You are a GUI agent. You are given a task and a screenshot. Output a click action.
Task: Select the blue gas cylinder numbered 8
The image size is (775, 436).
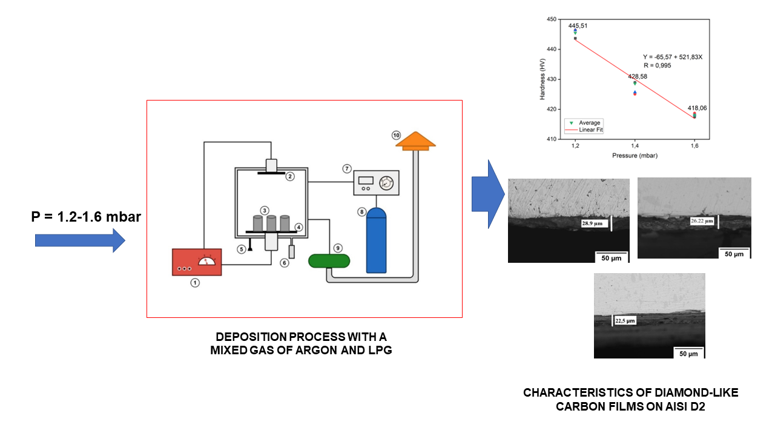(x=376, y=240)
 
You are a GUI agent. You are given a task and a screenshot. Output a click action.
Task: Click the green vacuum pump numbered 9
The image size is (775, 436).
(x=329, y=260)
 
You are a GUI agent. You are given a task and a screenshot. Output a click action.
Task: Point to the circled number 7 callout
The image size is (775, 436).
(x=347, y=168)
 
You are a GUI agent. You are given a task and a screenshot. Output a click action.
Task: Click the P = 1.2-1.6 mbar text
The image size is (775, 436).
(x=87, y=215)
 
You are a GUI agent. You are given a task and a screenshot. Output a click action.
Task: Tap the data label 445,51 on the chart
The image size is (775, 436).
(x=578, y=26)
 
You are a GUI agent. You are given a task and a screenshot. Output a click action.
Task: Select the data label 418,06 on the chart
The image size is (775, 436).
(x=697, y=108)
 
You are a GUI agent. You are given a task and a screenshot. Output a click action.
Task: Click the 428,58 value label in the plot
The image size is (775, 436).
(x=638, y=76)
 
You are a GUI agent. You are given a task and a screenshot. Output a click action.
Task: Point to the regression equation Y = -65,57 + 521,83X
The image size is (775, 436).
(x=672, y=57)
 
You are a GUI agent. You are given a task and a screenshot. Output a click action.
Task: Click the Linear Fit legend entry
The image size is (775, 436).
(x=590, y=130)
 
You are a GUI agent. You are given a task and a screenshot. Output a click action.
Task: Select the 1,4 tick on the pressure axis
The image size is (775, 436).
(x=635, y=147)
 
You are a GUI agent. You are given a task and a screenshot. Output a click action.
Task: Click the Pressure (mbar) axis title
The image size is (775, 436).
(x=635, y=156)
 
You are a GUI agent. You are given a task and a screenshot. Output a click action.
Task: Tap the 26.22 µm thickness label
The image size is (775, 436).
(x=702, y=221)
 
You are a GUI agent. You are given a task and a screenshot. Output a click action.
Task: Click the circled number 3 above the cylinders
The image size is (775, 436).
(x=265, y=210)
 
